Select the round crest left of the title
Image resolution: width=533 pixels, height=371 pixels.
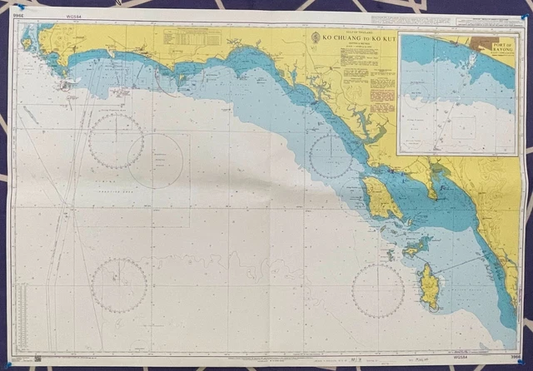coord(305,37)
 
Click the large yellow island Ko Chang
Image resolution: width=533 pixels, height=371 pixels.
coord(380,198)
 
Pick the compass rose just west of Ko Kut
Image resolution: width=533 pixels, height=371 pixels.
coord(377,290)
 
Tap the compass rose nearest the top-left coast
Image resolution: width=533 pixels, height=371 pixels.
coord(116,141)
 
